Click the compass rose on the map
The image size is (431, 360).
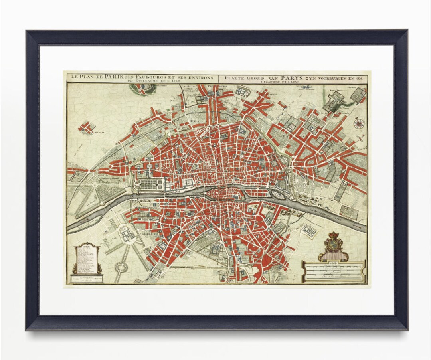[358, 123]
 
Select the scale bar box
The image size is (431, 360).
[334, 271]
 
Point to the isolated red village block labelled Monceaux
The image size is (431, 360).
[87, 127]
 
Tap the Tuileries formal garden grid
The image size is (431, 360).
[150, 185]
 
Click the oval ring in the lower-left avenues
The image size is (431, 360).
[121, 267]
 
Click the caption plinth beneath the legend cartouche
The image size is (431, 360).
[87, 278]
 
